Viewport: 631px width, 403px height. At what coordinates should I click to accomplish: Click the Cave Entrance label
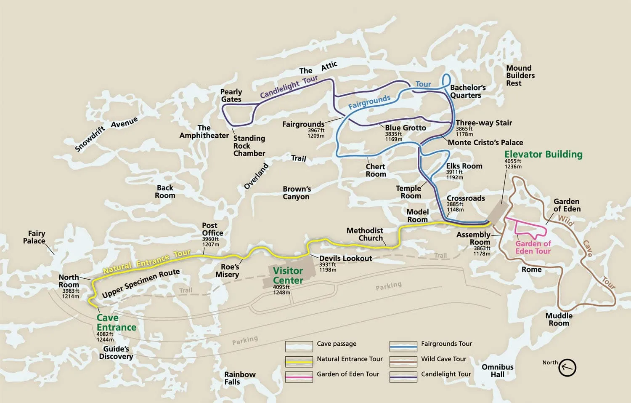click(116, 323)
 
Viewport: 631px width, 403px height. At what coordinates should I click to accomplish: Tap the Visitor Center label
click(288, 276)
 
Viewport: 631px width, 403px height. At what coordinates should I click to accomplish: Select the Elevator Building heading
click(543, 154)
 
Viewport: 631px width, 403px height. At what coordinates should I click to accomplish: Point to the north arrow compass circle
click(567, 367)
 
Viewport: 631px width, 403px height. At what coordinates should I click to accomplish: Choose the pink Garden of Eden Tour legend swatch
click(299, 376)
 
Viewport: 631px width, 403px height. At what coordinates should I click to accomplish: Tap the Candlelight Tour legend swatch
click(403, 376)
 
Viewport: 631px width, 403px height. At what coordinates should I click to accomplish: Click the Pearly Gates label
click(231, 96)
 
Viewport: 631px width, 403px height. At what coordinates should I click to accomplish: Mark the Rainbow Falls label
click(239, 378)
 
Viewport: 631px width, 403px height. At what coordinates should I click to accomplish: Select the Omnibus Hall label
click(497, 371)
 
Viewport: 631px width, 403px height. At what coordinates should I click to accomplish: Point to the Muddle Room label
click(559, 319)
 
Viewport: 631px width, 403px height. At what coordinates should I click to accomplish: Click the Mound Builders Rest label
click(520, 76)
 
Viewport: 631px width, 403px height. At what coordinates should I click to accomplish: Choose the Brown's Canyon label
click(297, 193)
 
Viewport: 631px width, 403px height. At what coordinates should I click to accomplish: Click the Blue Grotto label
click(406, 128)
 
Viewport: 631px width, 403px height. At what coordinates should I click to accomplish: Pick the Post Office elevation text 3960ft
click(211, 239)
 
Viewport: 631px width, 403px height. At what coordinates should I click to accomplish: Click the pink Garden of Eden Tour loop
click(530, 228)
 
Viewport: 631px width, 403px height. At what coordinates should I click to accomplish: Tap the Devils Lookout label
click(345, 258)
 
